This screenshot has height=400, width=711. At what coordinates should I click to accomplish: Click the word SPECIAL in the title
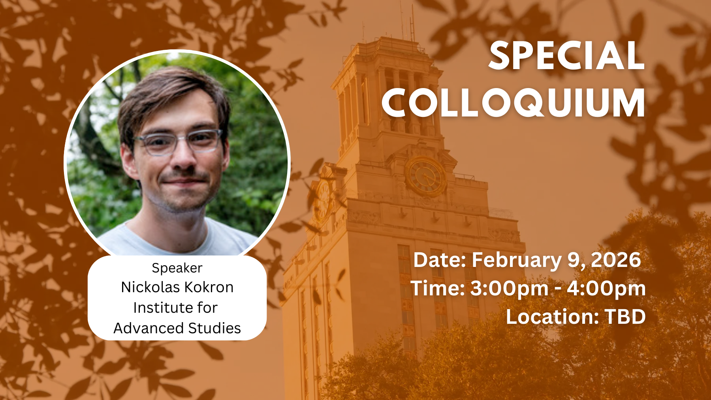coord(567,56)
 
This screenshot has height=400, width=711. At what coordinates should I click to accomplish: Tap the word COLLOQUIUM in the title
coord(513,103)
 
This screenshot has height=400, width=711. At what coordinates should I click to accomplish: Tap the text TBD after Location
coord(625,317)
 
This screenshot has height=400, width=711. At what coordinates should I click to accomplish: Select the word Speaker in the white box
coord(177,269)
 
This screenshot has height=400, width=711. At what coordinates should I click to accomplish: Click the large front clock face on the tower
coord(426,176)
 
